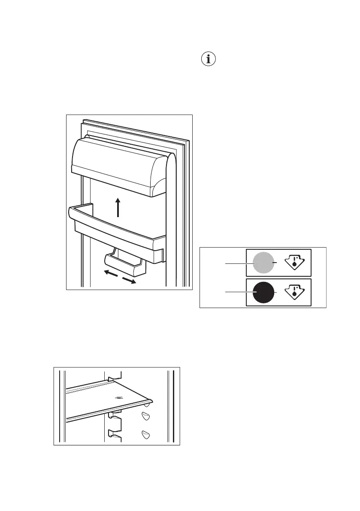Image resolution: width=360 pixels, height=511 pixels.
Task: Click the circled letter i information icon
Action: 209,60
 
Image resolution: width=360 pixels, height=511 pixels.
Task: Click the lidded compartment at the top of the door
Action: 116,167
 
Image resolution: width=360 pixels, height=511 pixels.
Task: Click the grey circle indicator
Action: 263,263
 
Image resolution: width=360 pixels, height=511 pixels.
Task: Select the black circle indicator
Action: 263,293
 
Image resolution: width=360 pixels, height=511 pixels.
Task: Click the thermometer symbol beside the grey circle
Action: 294,262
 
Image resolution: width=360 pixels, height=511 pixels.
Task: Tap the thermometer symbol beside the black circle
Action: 294,292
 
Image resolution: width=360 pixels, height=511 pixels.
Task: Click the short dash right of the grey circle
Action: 276,263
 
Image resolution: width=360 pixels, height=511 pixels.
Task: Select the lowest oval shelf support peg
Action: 146,434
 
